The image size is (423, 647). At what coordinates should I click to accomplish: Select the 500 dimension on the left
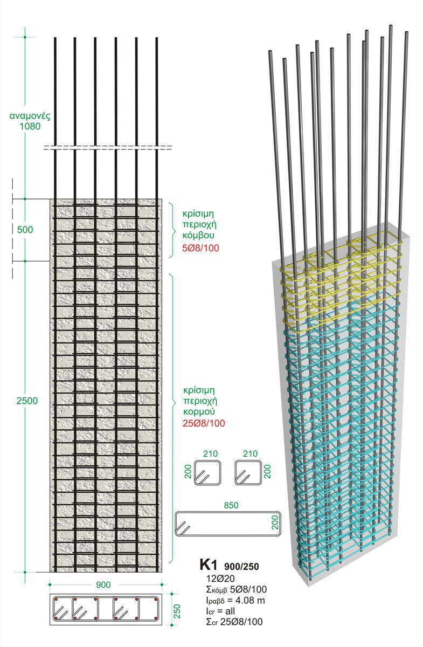click(25, 230)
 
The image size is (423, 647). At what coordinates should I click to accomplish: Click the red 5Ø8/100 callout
click(204, 249)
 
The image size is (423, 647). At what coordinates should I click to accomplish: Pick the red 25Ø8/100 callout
click(204, 423)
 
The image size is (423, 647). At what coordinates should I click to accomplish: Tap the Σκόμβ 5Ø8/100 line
click(232, 589)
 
